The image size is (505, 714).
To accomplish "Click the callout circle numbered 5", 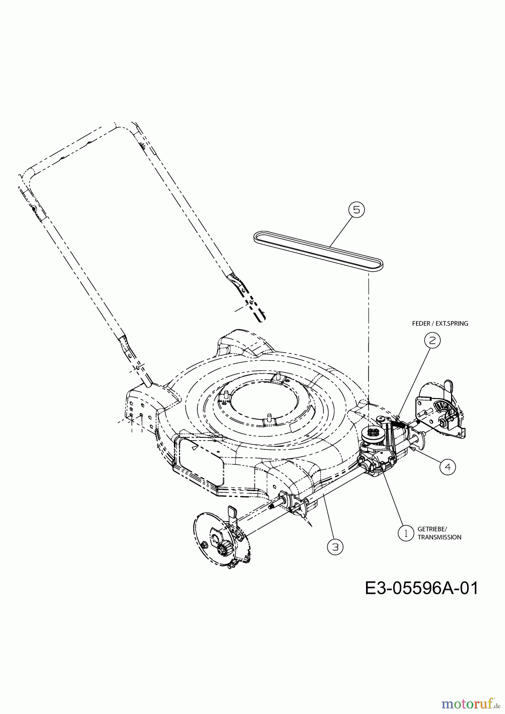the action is coord(356,209).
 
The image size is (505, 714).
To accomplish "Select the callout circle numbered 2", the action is coord(432,340).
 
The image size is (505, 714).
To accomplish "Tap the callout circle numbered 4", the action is coord(447,467).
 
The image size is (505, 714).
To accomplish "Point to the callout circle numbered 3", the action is coord(335,547).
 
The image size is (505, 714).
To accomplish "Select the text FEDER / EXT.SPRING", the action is coord(440,324).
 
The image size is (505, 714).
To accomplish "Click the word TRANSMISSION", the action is coord(439,537).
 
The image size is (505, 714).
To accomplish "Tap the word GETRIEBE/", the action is coord(432,529).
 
